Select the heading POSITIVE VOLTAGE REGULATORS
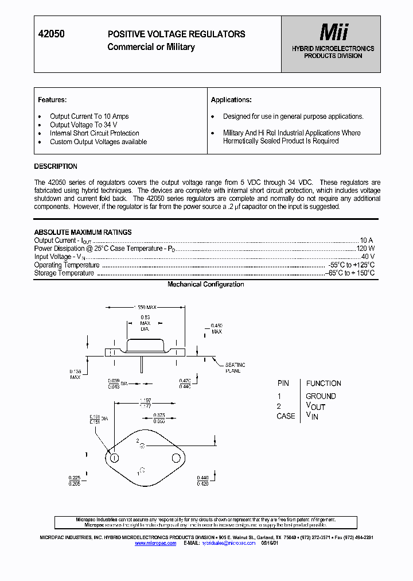click(176, 34)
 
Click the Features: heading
click(52, 100)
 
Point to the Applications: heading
click(231, 100)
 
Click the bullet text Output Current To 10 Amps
click(89, 117)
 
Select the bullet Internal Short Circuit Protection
click(94, 133)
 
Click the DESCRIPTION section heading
click(56, 166)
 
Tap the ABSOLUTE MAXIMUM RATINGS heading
click(83, 233)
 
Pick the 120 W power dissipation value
click(365, 249)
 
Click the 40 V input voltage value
click(368, 257)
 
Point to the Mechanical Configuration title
click(205, 284)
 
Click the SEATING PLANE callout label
click(235, 368)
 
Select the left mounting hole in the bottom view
click(114, 458)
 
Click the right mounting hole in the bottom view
click(176, 458)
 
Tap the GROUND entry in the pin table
click(321, 396)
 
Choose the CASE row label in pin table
click(286, 416)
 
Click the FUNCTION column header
click(324, 384)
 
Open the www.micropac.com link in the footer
click(155, 543)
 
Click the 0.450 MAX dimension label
click(216, 328)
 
